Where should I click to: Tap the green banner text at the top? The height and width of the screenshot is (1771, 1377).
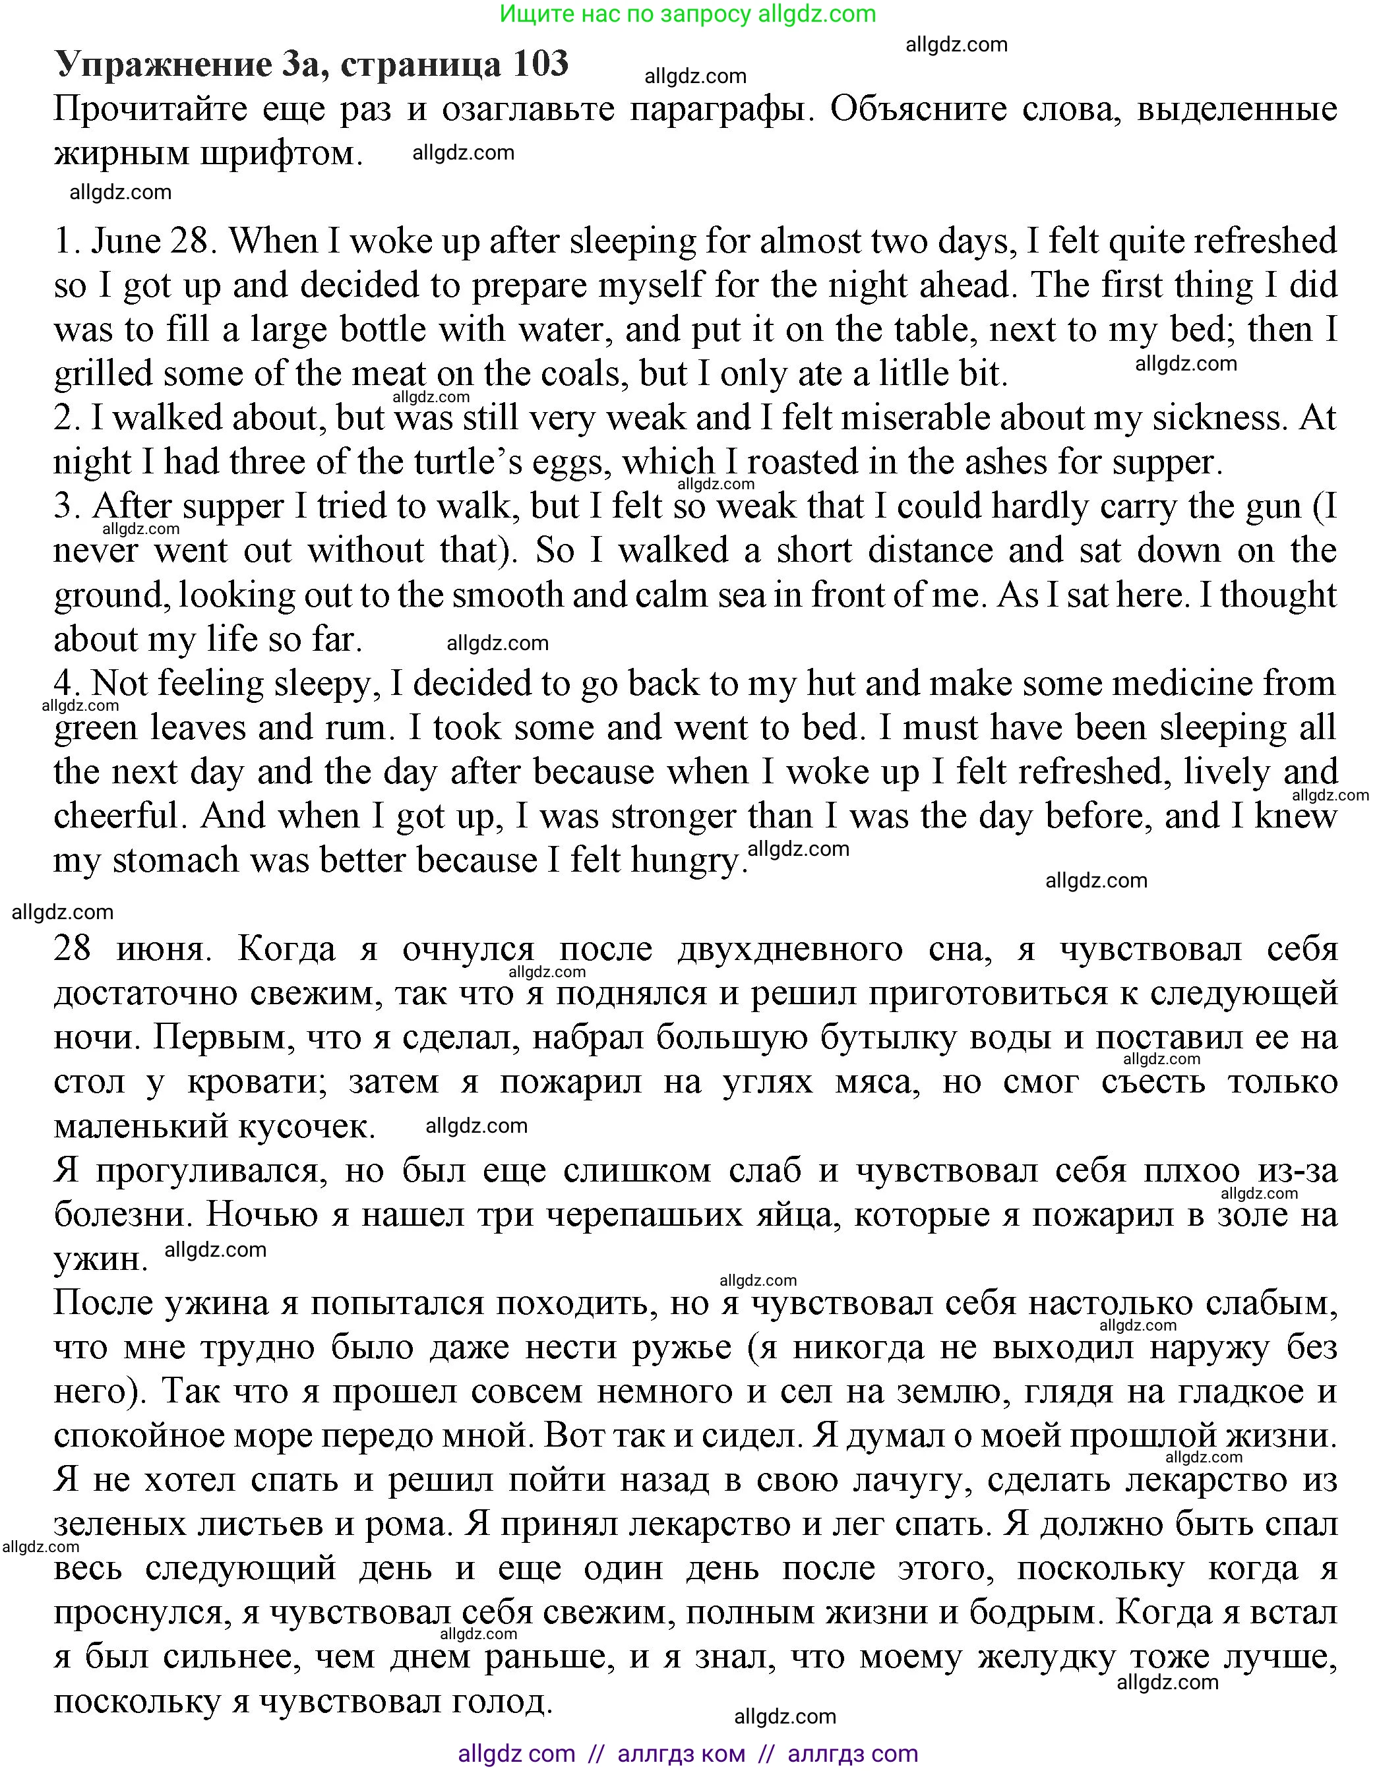click(x=688, y=14)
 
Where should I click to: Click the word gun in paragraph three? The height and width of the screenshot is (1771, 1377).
click(x=1275, y=506)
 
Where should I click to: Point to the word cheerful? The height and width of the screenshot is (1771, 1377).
click(x=116, y=816)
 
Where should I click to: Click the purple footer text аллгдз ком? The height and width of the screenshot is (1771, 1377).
click(x=681, y=1753)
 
